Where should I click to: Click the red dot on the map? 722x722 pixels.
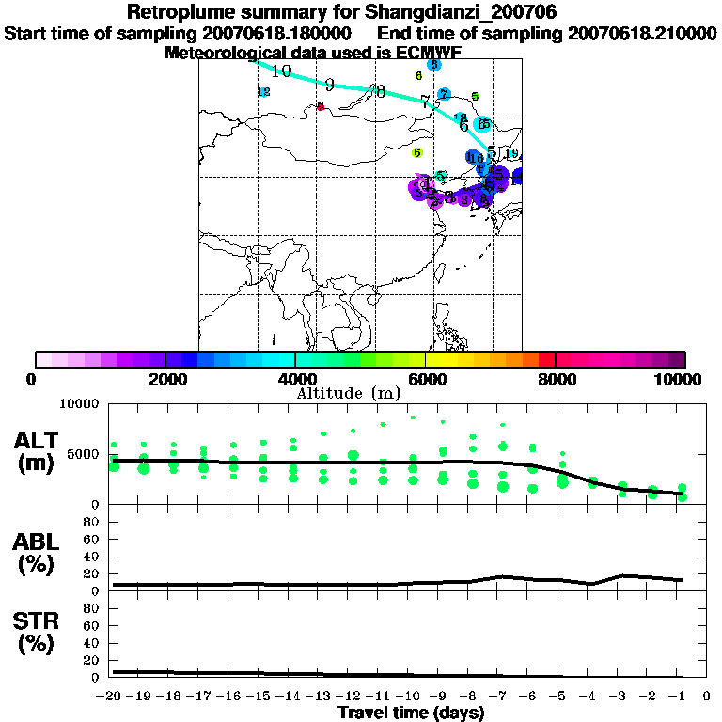321,107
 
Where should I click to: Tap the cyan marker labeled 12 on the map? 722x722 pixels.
264,92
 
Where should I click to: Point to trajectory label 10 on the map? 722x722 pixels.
281,71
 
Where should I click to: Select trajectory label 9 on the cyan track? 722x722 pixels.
330,84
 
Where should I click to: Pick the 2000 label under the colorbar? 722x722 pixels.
165,379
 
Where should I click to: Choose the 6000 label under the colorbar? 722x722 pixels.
426,379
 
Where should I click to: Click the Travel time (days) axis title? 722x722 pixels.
411,713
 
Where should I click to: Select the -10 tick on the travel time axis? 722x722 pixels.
410,696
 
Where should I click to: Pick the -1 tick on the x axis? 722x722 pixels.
679,696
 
